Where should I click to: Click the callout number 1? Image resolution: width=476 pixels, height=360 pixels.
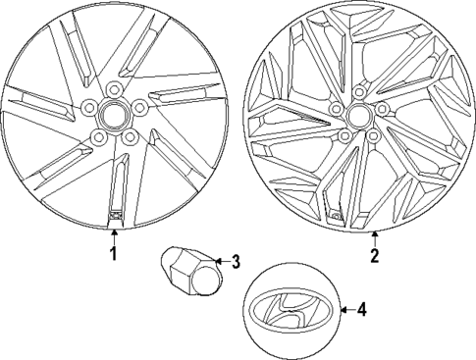pyautogui.click(x=113, y=254)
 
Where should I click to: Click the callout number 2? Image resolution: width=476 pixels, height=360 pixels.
pyautogui.click(x=374, y=256)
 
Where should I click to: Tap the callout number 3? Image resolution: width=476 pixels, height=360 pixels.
pyautogui.click(x=234, y=261)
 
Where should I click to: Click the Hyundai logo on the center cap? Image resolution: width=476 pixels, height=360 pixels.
pyautogui.click(x=291, y=311)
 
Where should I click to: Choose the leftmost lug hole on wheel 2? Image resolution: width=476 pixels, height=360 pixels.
pyautogui.click(x=337, y=109)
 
